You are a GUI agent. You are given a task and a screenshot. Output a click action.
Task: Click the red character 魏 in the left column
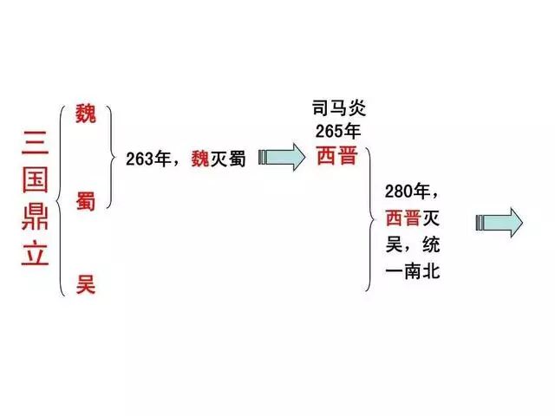(86, 114)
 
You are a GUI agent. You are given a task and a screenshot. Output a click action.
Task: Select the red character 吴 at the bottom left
(86, 282)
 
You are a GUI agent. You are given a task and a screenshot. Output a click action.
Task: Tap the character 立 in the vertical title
(34, 252)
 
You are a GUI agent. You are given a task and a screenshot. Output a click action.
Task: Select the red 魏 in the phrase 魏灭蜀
(200, 159)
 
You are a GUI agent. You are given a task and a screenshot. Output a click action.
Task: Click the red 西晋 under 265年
(336, 157)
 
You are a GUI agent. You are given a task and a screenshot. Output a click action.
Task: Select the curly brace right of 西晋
(371, 218)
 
